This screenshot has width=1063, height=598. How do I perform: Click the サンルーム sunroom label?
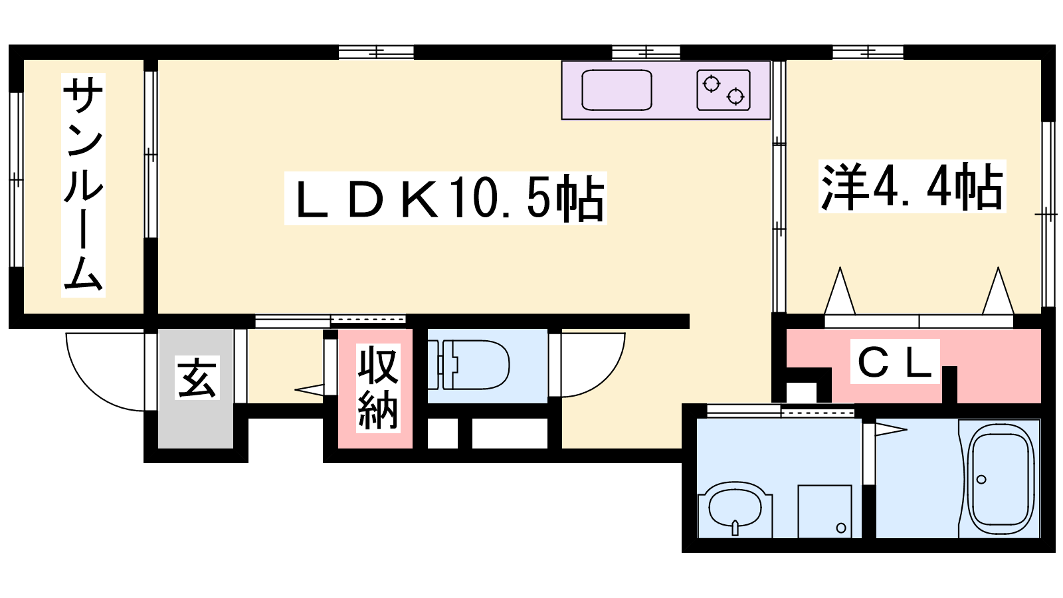pos(83,185)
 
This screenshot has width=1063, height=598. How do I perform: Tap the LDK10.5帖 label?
pos(446,199)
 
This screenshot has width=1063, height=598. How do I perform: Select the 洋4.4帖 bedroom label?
pos(912,186)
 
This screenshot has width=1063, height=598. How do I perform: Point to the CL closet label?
pos(895,361)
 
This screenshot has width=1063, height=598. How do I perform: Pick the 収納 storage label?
pos(378,388)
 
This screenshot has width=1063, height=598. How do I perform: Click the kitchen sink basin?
pos(617,90)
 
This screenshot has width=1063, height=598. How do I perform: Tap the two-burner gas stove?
pos(724,90)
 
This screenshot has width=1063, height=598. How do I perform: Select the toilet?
pos(468,365)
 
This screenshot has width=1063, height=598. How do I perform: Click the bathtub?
pos(1001,480)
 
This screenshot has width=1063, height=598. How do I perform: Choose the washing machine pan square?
pos(824,512)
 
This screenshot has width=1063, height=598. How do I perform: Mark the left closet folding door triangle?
pos(840,290)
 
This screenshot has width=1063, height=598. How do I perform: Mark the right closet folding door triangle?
pos(998,290)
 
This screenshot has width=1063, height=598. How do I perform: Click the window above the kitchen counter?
pos(646,52)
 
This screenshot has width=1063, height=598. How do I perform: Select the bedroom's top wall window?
pos(868,52)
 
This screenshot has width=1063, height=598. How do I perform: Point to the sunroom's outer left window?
pos(16,180)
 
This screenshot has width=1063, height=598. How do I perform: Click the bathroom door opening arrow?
pos(891,430)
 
